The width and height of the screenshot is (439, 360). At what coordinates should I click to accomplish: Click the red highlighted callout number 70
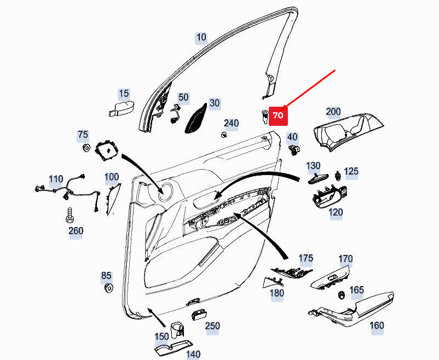point(278,115)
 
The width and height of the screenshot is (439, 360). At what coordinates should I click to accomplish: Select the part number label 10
point(201,38)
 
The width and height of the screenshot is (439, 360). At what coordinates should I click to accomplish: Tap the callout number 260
point(76,231)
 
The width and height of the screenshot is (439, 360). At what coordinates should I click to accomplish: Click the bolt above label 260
point(70,215)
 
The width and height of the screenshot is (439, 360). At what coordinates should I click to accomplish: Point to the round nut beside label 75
point(86,147)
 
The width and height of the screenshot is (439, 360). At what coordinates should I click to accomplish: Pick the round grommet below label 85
point(108,288)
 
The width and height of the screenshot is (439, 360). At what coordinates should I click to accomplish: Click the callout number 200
point(333,112)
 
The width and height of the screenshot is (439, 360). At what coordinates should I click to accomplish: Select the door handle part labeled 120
point(330,196)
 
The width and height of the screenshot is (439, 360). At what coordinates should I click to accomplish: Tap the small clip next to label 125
point(338,176)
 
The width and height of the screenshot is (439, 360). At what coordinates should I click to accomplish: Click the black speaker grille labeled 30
point(196,118)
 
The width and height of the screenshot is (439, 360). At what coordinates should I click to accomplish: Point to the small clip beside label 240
point(224,135)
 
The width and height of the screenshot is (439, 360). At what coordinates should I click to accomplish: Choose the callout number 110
point(56,179)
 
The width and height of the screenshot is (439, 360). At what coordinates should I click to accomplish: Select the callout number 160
point(377,326)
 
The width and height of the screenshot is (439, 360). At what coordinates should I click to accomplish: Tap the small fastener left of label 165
point(341,295)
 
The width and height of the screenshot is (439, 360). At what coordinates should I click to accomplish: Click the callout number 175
point(306,258)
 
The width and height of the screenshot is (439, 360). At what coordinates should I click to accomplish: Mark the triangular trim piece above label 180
point(273,282)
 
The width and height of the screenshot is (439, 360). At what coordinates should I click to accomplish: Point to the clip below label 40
point(294,150)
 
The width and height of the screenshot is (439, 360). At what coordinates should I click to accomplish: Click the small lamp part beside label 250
point(199,315)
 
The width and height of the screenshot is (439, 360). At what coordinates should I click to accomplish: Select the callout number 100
point(112,177)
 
